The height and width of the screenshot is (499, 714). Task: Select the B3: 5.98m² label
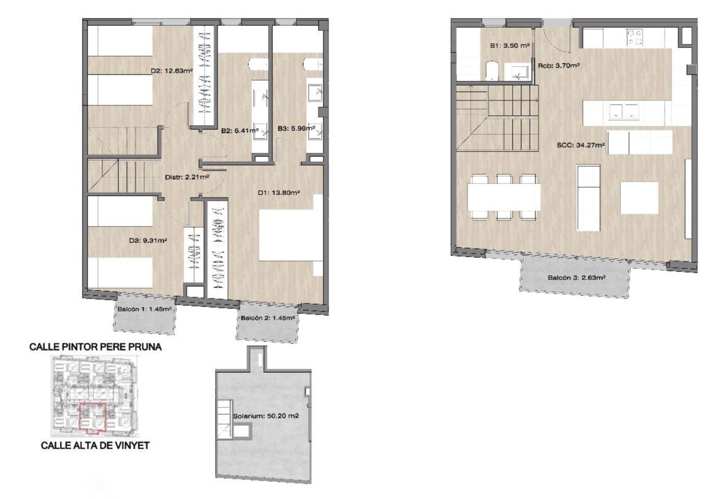coord(297,129)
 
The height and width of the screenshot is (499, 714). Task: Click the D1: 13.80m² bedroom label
coord(278,193)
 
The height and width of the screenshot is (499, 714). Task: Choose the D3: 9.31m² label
coord(148,241)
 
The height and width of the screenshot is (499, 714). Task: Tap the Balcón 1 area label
coord(144,309)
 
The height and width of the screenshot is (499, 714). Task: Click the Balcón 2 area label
coord(268,318)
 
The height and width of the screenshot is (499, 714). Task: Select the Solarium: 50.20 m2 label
coord(266,416)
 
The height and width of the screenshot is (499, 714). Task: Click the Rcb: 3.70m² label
coord(559,65)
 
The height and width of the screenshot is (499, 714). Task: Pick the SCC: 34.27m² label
coord(580,146)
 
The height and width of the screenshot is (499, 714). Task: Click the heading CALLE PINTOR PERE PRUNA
coord(95,347)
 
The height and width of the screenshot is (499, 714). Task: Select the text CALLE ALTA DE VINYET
coord(95,445)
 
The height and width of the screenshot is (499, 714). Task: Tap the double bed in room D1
coord(291,235)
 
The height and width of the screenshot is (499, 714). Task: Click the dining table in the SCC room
coord(504,196)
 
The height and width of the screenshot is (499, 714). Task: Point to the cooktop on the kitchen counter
coord(635,37)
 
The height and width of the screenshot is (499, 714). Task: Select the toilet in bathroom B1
coord(492,71)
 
